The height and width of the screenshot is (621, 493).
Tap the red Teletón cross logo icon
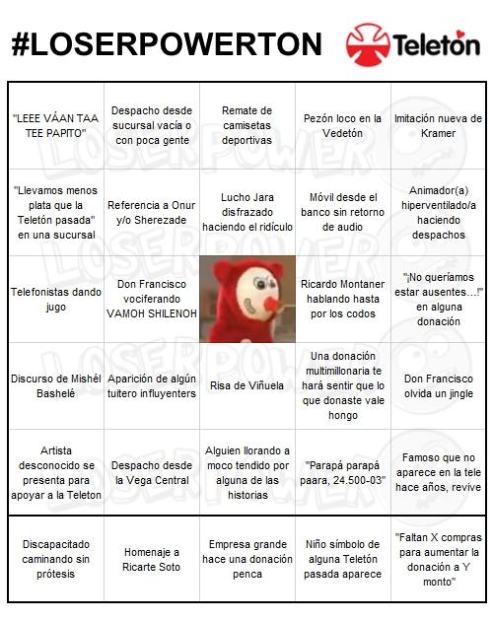[x=367, y=44]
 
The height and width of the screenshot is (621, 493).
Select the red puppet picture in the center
[x=246, y=300]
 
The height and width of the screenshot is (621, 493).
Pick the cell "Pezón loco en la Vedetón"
[x=342, y=126]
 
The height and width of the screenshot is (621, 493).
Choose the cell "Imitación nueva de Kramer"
[x=438, y=126]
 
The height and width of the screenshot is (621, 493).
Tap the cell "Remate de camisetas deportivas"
[x=246, y=125]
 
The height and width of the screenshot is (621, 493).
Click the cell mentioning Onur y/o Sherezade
[x=151, y=212]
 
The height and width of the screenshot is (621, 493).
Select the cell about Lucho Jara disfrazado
[x=246, y=212]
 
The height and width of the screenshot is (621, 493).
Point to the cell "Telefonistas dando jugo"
[x=55, y=300]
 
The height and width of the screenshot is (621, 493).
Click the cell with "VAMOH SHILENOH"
[x=151, y=299]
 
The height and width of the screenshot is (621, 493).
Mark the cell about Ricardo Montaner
[x=342, y=300]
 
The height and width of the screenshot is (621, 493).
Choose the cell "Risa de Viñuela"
[x=246, y=385]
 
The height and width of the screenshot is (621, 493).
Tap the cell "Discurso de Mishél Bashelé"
[x=55, y=385]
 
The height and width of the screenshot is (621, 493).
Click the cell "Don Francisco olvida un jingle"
[x=438, y=385]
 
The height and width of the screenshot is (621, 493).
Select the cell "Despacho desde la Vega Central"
[x=151, y=472]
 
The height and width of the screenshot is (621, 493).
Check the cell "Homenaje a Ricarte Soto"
[x=151, y=559]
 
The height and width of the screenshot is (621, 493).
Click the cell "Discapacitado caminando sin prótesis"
[x=55, y=559]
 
